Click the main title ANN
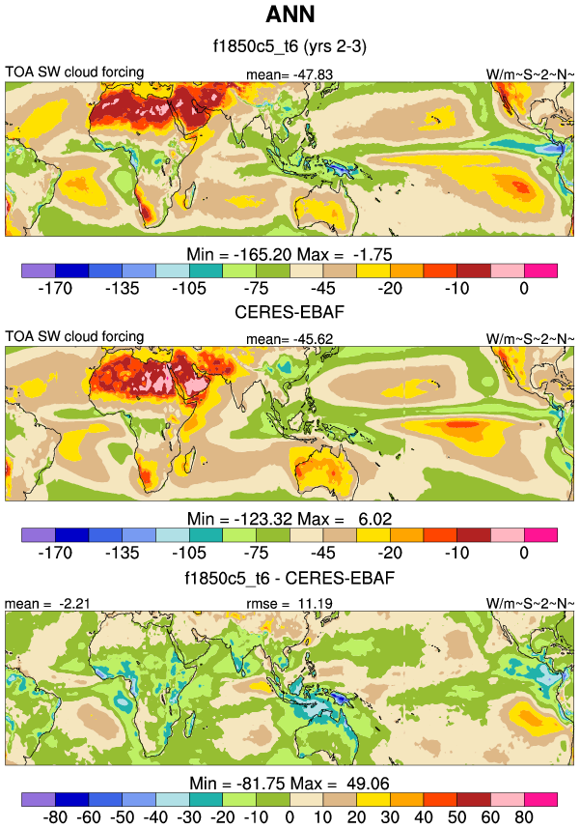290,15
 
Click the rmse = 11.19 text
290,604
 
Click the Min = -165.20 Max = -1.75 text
290,253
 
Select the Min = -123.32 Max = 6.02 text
290,518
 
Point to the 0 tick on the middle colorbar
524,553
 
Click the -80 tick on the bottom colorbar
33,816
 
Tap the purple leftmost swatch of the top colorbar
38,270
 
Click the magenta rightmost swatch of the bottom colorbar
541,799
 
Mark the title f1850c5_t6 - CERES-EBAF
290,578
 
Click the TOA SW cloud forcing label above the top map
74,71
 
